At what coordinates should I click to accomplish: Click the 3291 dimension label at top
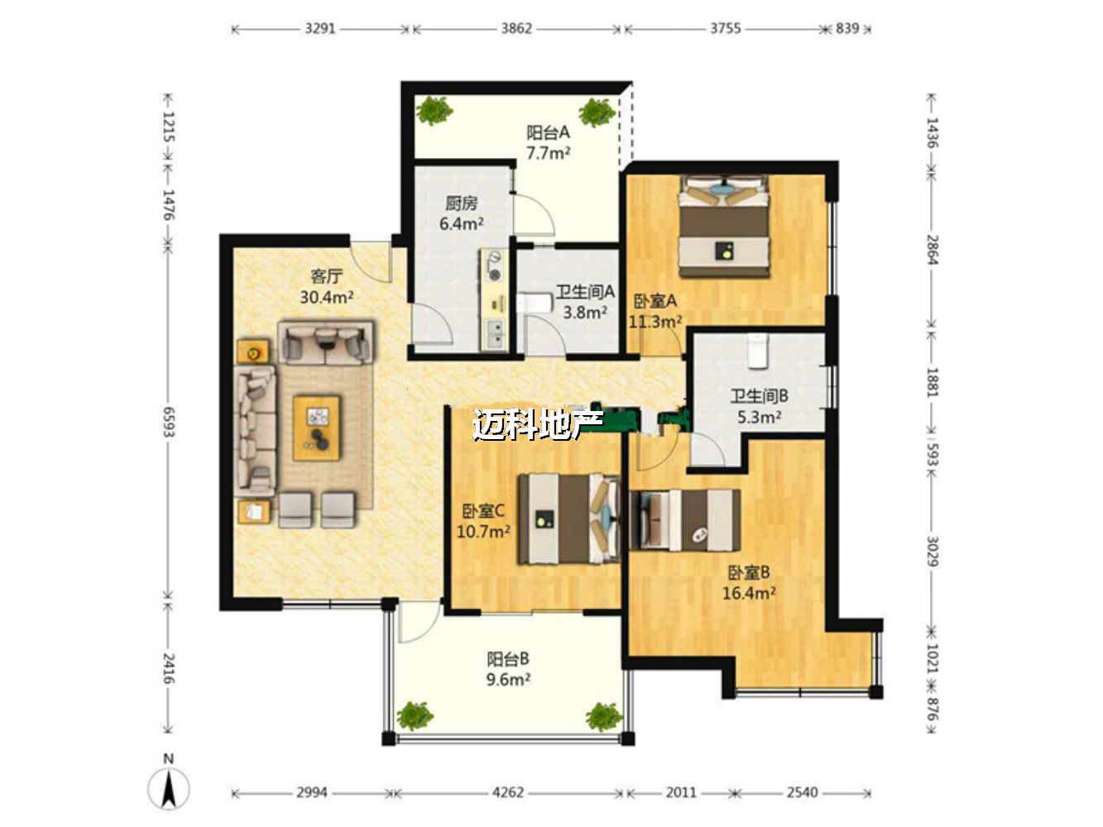pyautogui.click(x=319, y=28)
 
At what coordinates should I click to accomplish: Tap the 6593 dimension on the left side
pyautogui.click(x=168, y=422)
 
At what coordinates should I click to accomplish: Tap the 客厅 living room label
pyautogui.click(x=327, y=275)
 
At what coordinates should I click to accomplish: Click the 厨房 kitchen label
pyautogui.click(x=461, y=203)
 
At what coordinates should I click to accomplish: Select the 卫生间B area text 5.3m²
pyautogui.click(x=759, y=416)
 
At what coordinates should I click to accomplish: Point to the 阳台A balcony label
pyautogui.click(x=548, y=132)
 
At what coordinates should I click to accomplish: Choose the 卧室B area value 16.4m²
pyautogui.click(x=749, y=593)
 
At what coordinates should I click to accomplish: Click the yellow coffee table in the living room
pyautogui.click(x=317, y=428)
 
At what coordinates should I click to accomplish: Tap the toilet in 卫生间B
pyautogui.click(x=756, y=351)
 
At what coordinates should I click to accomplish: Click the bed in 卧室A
pyautogui.click(x=724, y=226)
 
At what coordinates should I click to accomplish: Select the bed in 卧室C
pyautogui.click(x=569, y=519)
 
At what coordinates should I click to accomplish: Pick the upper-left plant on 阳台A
pyautogui.click(x=434, y=112)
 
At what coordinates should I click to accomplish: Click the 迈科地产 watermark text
pyautogui.click(x=537, y=424)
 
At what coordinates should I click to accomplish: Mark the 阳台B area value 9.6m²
pyautogui.click(x=508, y=679)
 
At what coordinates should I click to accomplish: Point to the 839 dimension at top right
pyautogui.click(x=847, y=28)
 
